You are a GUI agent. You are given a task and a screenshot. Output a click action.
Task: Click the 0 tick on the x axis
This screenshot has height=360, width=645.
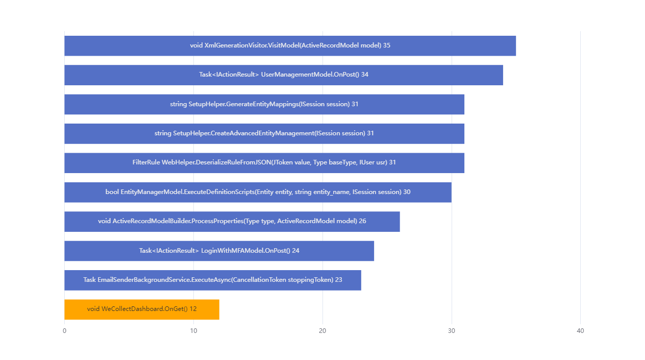[64, 331]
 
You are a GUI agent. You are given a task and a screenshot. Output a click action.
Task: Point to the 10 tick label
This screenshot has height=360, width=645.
[193, 331]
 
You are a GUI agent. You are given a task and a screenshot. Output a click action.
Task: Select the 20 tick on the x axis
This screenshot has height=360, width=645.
[323, 331]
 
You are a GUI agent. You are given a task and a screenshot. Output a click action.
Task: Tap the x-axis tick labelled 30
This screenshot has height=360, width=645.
[451, 331]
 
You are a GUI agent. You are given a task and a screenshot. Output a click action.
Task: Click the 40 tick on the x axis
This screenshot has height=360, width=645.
[580, 331]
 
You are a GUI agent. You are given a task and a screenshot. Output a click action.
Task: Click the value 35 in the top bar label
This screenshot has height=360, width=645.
[387, 45]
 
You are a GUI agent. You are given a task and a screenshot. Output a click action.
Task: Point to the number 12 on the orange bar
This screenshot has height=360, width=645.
[193, 309]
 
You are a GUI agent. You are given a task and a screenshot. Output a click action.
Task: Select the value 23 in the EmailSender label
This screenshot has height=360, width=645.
[339, 280]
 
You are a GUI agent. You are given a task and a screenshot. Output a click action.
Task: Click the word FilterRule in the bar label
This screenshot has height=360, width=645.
[146, 162]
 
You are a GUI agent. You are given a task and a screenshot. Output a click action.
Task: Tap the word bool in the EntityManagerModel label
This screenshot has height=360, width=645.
[112, 192]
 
